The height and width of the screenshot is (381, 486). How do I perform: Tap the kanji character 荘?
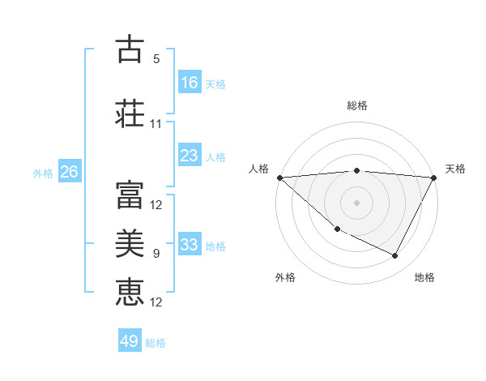pos(130,113)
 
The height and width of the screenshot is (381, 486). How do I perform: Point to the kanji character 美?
pos(130,242)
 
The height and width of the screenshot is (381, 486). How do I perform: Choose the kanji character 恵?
pos(130,291)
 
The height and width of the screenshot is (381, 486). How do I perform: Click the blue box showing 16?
pos(190,82)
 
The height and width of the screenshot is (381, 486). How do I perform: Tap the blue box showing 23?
pos(190,156)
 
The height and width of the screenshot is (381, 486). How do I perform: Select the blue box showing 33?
pos(190,245)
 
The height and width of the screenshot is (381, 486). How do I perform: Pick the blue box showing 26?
pos(69,172)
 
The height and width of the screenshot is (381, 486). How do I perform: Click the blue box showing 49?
pos(130,341)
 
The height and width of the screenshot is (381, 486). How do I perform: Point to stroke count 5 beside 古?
pos(156,59)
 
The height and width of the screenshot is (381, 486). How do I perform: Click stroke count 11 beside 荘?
pos(156,124)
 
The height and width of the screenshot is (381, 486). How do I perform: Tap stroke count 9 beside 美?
pos(156,254)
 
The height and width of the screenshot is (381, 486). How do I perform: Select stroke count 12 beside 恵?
pos(156,302)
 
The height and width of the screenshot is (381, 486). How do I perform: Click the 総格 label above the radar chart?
pos(357,105)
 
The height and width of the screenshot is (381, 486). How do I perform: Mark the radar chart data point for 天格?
pos(434,178)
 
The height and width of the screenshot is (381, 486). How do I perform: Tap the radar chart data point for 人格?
pos(279,178)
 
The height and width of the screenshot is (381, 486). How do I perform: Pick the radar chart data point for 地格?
pos(395,256)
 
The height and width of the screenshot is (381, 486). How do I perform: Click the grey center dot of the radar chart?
pos(356,203)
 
